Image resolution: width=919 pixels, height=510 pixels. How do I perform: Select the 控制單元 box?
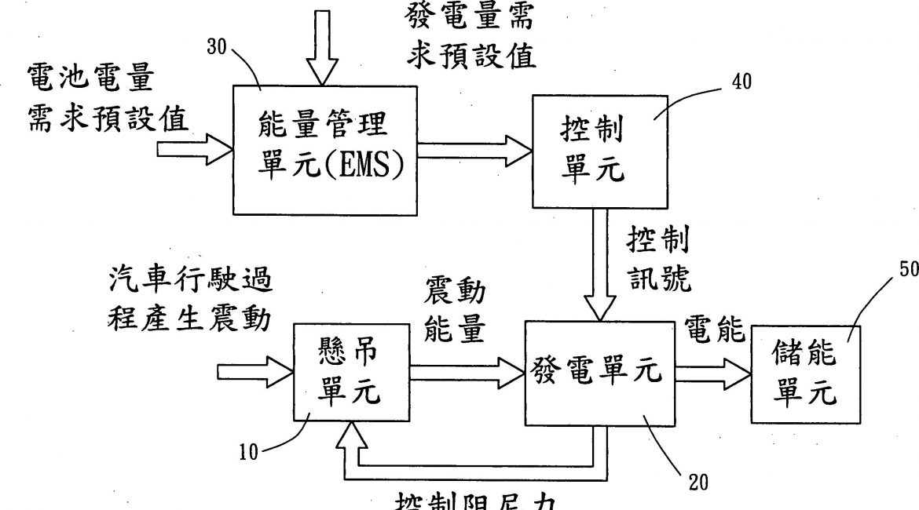pos(599,151)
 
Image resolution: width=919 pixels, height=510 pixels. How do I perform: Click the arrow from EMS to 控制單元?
pos(474,148)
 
